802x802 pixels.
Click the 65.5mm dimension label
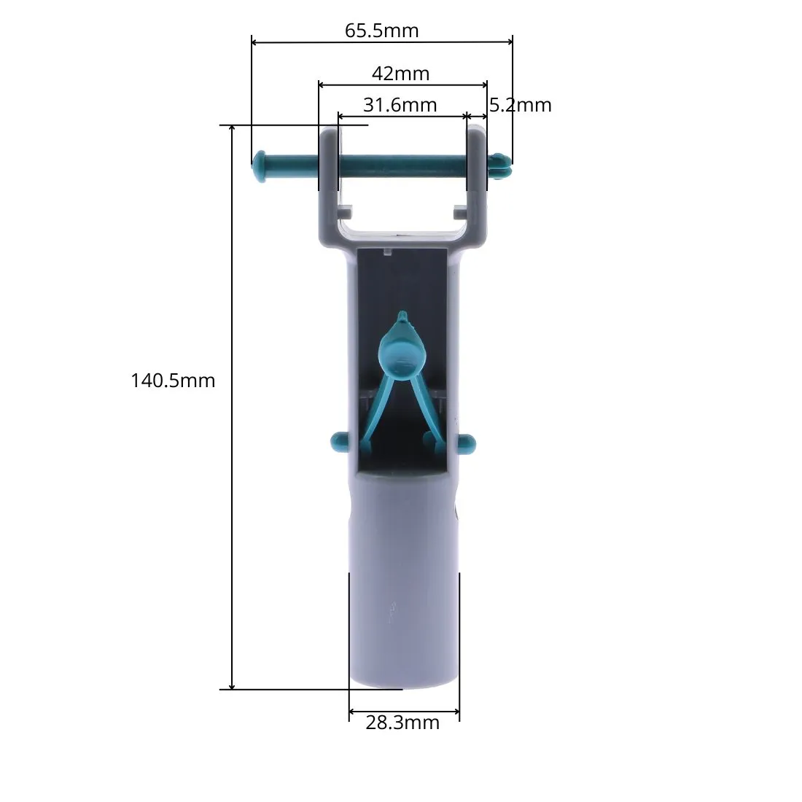point(381,31)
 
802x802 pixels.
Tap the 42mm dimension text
point(400,74)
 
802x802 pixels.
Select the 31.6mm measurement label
point(400,105)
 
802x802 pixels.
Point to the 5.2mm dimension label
point(520,105)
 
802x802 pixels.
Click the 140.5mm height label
point(173,381)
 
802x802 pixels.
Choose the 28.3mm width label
point(402,723)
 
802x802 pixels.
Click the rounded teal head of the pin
point(260,166)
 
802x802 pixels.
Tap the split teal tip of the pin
point(501,166)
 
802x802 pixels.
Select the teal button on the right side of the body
point(467,443)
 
